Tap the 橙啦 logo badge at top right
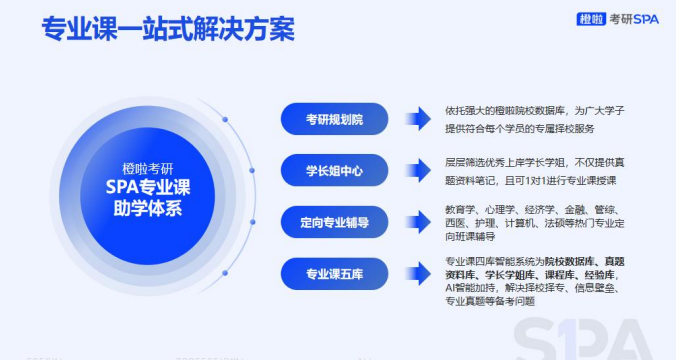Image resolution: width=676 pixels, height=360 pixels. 591,18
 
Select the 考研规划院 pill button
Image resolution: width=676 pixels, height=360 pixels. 333,119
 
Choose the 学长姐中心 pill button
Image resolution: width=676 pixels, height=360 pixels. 333,170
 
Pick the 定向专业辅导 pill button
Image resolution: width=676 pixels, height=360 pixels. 333,221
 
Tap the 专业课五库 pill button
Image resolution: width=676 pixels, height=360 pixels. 333,272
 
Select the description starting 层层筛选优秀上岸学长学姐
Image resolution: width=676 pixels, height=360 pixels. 534,170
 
